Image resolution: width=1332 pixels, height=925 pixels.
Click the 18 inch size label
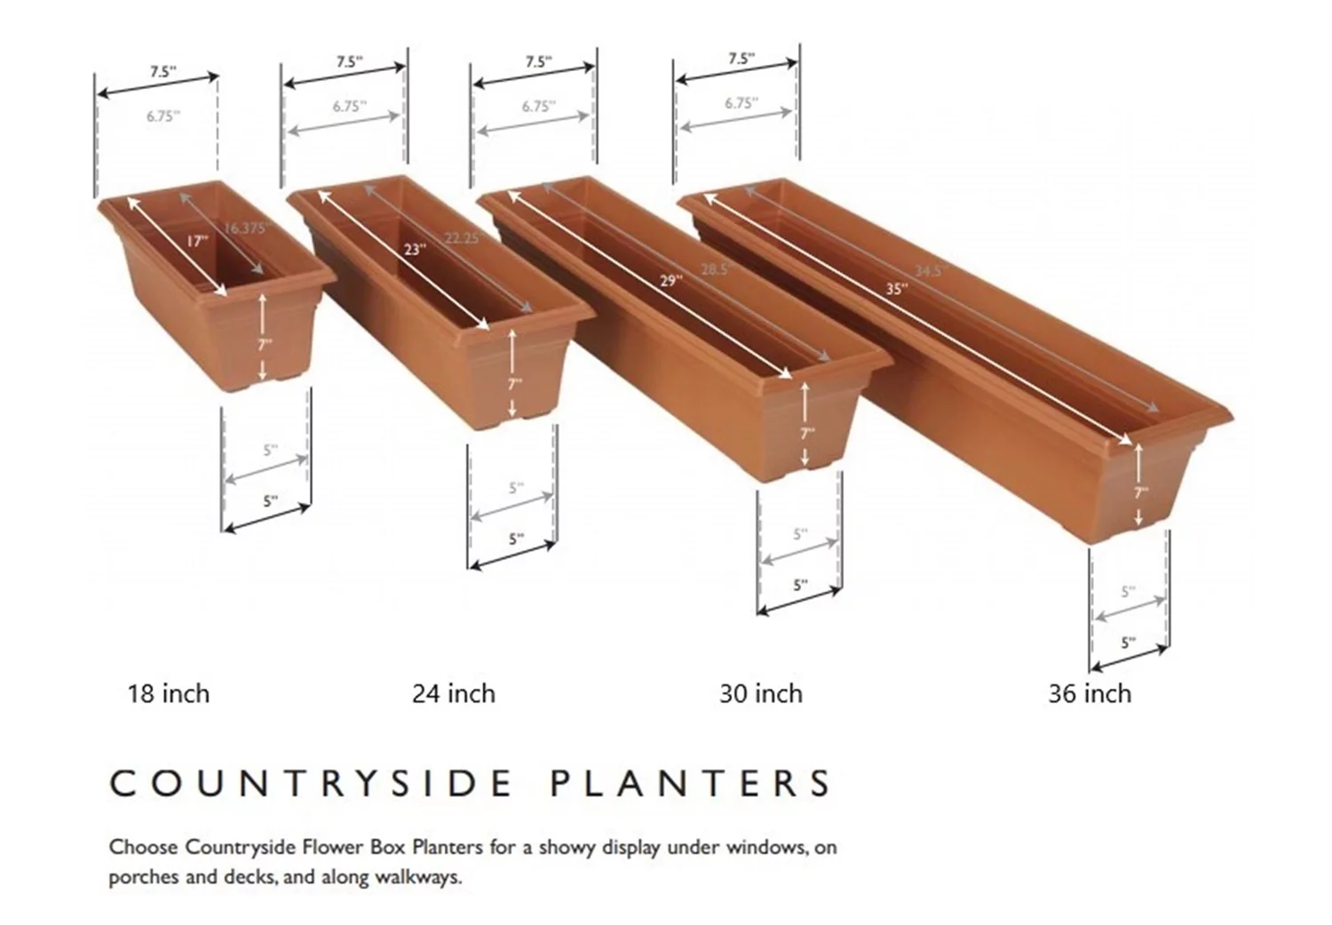(169, 693)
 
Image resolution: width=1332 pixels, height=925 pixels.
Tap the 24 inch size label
(453, 693)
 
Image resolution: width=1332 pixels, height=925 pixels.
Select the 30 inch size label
(761, 693)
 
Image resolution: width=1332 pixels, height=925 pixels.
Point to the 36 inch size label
(1090, 693)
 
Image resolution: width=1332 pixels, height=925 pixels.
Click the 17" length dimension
(196, 241)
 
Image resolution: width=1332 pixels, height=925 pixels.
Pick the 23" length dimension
(414, 250)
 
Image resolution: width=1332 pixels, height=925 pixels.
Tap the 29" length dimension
(671, 281)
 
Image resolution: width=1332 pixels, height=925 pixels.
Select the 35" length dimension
(896, 289)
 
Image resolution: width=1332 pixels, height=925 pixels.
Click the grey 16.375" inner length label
(245, 228)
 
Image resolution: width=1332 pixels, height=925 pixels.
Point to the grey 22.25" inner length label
(462, 238)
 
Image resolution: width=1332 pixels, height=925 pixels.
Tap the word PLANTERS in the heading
(691, 783)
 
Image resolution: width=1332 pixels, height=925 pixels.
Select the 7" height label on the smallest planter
(265, 344)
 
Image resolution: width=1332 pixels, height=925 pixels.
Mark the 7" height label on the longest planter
(1141, 491)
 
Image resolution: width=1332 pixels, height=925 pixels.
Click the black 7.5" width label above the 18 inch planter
(162, 72)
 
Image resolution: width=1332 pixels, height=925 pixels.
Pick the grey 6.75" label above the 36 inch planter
(741, 103)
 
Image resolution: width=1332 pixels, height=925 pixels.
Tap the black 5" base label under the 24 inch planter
(516, 538)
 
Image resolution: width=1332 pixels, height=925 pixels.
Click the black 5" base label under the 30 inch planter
(800, 585)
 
